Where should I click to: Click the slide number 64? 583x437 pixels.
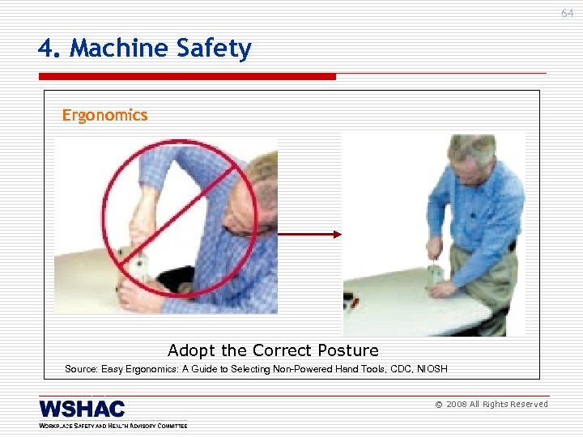566,13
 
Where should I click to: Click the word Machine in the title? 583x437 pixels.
118,49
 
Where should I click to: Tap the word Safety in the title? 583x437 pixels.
212,49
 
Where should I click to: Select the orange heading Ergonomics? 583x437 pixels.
105,115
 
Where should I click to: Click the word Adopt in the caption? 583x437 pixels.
192,350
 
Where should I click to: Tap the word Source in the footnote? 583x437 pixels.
81,369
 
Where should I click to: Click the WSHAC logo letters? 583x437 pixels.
82,409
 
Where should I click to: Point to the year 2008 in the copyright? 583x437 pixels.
456,405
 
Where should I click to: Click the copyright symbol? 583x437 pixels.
438,405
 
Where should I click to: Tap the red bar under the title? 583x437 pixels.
186,77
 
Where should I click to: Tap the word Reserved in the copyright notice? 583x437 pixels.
527,405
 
